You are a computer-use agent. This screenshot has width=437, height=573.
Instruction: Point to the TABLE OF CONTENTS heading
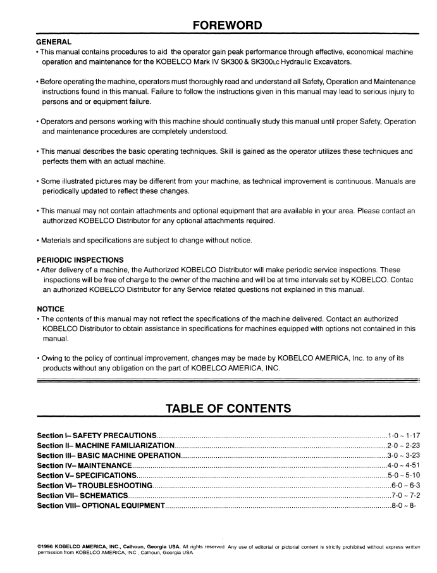click(x=218, y=408)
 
